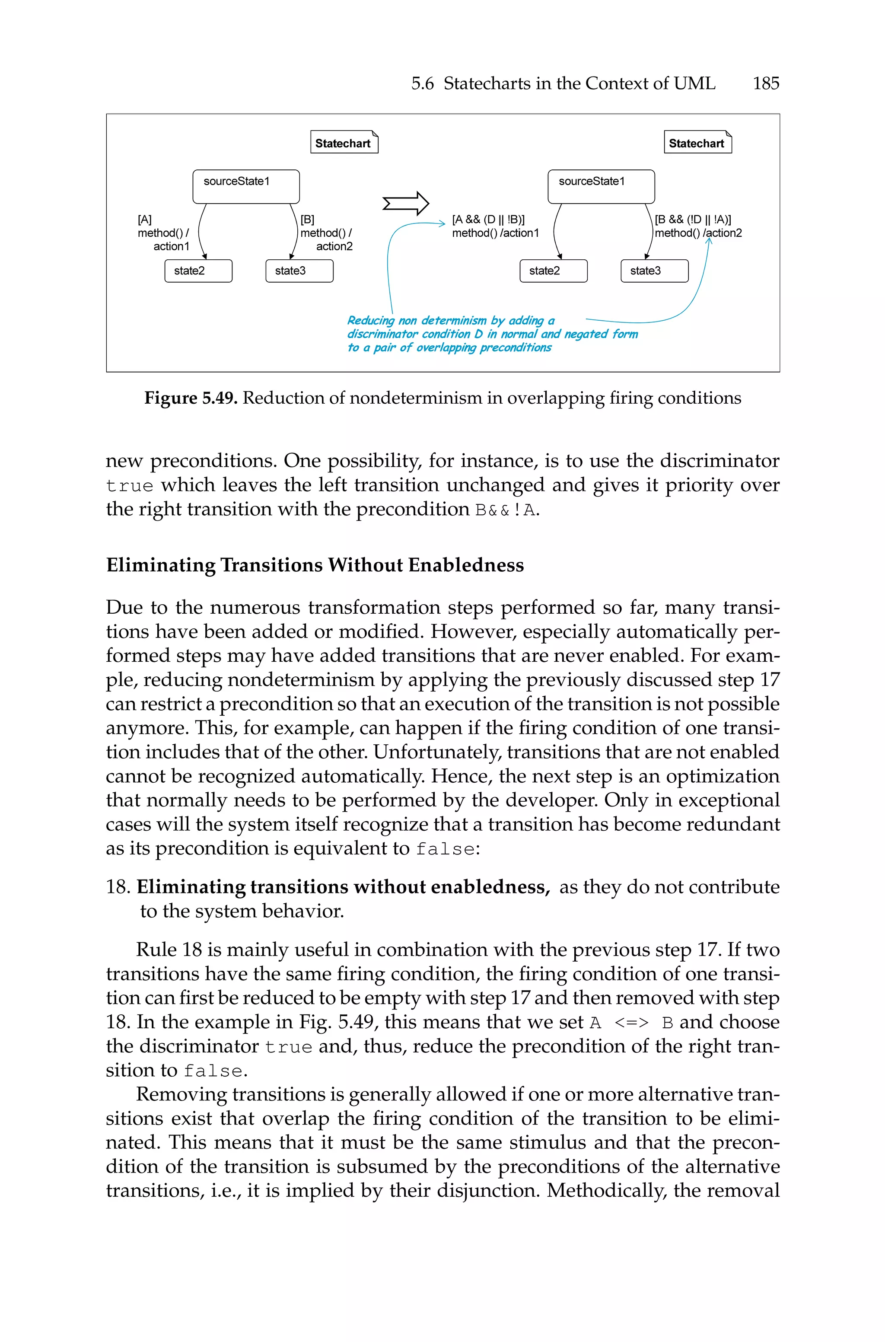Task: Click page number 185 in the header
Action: coord(765,83)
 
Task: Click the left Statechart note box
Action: coord(343,143)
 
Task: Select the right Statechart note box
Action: coord(697,143)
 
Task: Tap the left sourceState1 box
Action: coord(245,186)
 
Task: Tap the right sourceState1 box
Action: coord(601,186)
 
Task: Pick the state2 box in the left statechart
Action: coord(198,271)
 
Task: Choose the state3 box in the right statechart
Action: coord(654,271)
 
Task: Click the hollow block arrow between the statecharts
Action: coord(405,203)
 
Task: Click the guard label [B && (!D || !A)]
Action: coord(693,220)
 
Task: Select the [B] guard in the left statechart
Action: coord(307,220)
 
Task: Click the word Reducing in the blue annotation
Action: coord(370,321)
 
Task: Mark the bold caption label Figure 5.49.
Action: coord(191,398)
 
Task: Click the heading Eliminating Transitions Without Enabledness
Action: coord(315,565)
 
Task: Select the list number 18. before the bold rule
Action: coord(118,887)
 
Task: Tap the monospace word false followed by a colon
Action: coord(445,849)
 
